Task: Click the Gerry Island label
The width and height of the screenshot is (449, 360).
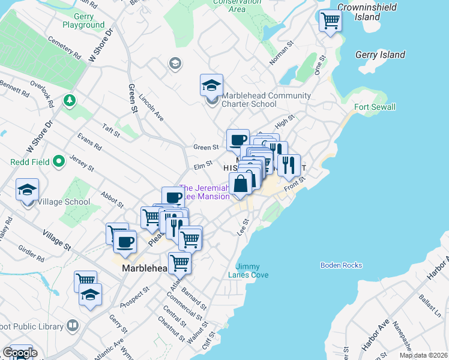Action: click(380, 55)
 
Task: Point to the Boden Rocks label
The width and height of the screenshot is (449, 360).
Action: click(342, 265)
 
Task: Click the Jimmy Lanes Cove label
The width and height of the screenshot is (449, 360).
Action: click(252, 271)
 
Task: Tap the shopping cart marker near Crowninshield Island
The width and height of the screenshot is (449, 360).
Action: click(330, 21)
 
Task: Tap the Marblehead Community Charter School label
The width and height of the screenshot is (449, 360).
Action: click(266, 100)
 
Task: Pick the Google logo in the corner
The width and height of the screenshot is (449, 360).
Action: click(19, 353)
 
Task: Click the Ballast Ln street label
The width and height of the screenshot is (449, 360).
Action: click(430, 305)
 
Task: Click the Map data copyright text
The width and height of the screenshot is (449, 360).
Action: click(423, 355)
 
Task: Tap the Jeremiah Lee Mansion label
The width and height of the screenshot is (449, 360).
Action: click(204, 192)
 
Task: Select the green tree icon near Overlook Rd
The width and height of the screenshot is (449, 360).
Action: click(70, 99)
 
